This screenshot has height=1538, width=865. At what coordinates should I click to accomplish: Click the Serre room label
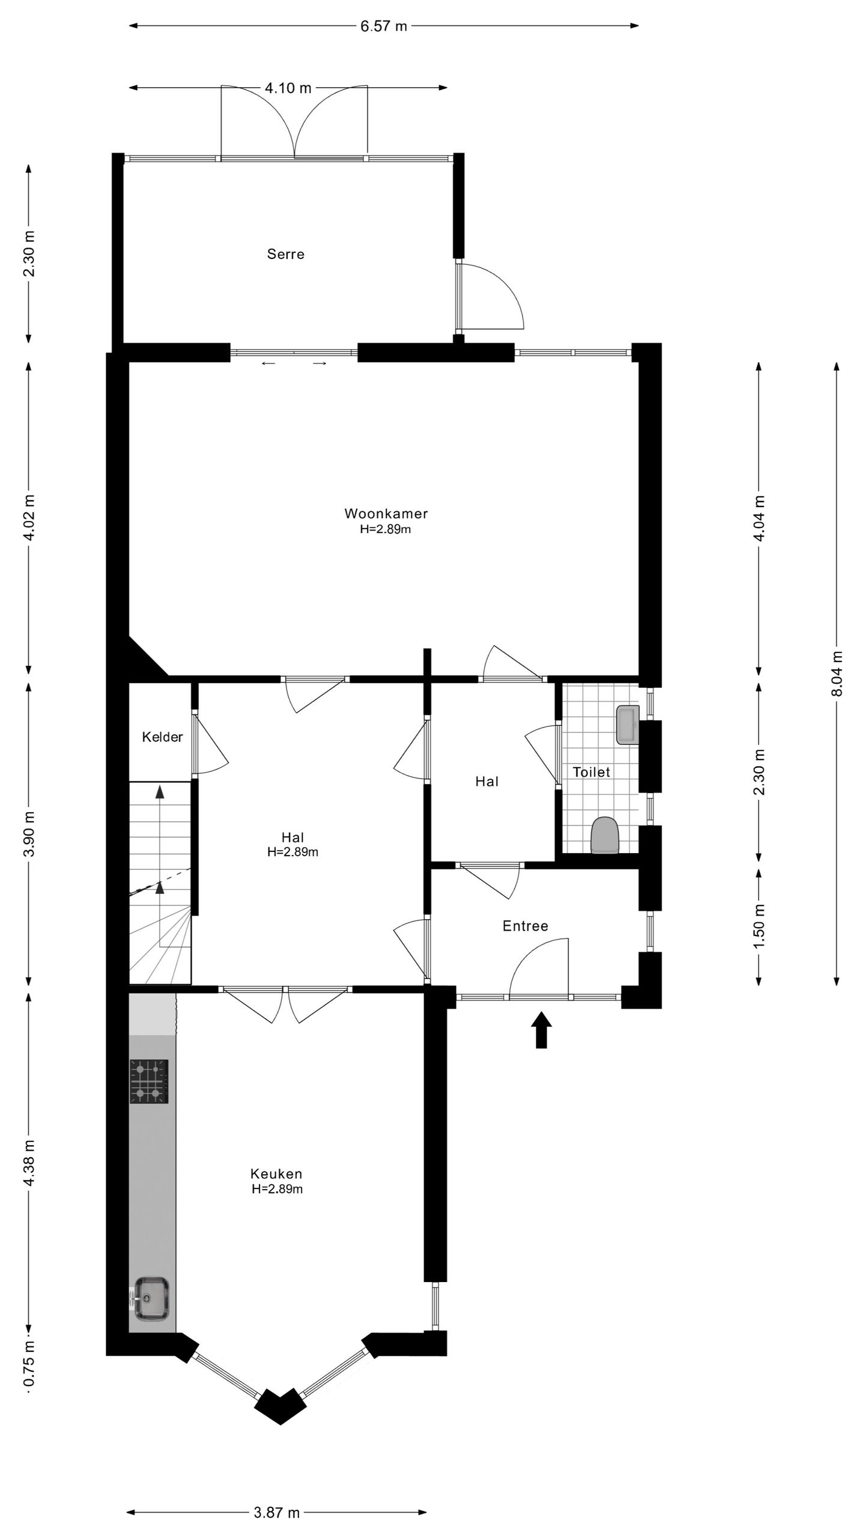285,254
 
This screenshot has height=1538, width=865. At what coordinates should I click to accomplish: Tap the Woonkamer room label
386,514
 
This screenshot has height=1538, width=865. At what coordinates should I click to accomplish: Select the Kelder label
162,737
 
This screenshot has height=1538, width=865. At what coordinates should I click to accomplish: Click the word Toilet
591,772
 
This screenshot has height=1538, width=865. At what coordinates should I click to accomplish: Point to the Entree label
526,926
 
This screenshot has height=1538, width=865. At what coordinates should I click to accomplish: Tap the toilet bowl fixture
605,834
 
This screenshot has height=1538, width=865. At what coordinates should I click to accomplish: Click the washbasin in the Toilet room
628,725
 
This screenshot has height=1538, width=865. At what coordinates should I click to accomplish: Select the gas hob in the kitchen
149,1081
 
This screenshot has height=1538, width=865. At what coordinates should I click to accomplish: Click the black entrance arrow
541,1030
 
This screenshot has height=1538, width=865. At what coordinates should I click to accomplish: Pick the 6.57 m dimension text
384,26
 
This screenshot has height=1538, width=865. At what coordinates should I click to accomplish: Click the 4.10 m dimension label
288,88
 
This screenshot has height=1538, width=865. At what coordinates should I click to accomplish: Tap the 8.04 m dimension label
837,673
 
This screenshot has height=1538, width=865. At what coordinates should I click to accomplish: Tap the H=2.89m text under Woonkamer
386,529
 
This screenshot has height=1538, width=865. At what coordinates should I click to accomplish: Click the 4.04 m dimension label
759,518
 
